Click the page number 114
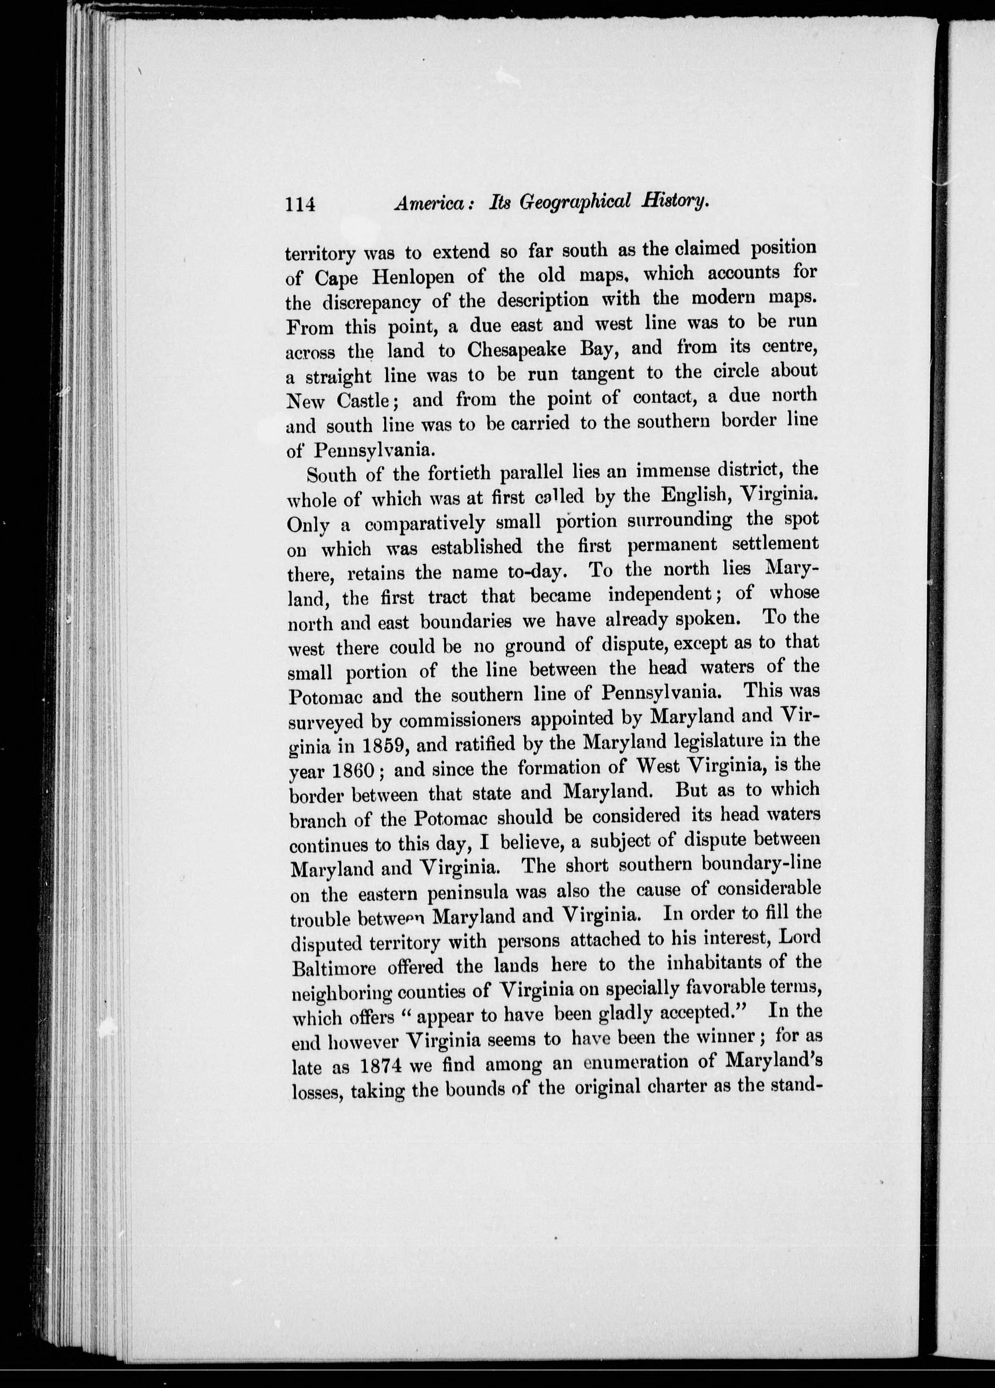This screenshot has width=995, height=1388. click(300, 204)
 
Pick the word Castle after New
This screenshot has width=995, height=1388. click(363, 400)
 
